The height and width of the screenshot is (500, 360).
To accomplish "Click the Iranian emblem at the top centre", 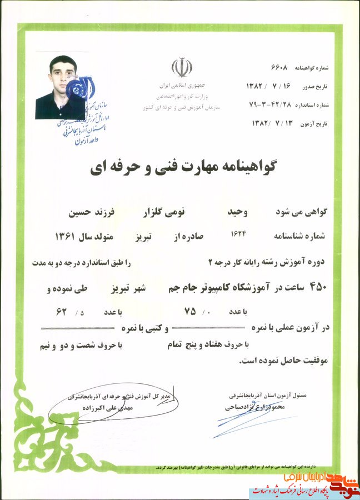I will (182, 67).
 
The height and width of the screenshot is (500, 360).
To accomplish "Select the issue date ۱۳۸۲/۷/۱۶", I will (269, 86).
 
